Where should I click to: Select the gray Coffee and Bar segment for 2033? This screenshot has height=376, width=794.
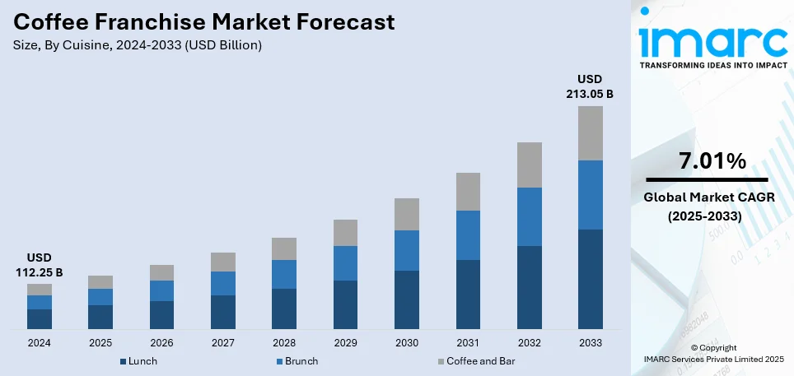[590, 132]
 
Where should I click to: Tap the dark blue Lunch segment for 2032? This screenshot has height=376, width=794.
[529, 288]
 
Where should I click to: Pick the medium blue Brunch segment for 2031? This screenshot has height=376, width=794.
[468, 234]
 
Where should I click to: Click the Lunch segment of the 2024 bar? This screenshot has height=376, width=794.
[40, 319]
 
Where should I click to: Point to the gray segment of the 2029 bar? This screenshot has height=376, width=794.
[345, 232]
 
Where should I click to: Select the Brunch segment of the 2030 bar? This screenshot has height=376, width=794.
[406, 250]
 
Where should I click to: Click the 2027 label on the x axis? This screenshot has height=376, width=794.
[222, 342]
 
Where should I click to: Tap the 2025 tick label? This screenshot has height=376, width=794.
[100, 342]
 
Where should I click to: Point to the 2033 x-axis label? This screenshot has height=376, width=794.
[590, 342]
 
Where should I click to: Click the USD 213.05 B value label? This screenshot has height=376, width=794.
[590, 86]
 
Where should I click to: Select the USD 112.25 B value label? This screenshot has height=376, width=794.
[40, 265]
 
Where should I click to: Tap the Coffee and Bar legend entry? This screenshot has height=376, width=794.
[481, 361]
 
